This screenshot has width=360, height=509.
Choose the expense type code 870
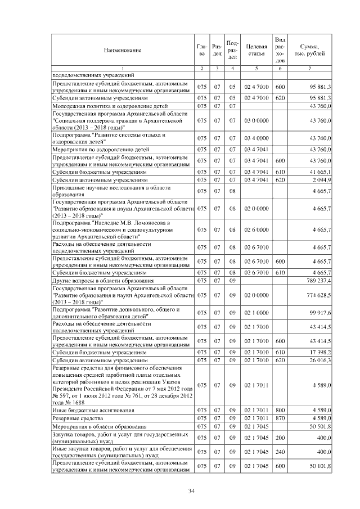pyautogui.click(x=280, y=418)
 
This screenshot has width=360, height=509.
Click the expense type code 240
pyautogui.click(x=280, y=451)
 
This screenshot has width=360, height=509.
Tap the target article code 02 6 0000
pyautogui.click(x=256, y=229)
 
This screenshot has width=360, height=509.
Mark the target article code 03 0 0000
pyautogui.click(x=256, y=120)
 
